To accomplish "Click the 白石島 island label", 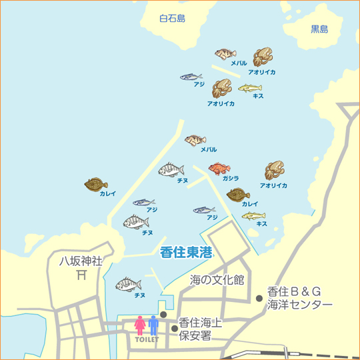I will [172, 19].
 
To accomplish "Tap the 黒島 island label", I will [319, 29].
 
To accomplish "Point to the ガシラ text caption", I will [231, 179].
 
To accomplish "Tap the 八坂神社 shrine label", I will [80, 261].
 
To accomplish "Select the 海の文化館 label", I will [217, 279].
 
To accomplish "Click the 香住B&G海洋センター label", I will [299, 298].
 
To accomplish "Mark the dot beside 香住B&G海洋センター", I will [259, 298].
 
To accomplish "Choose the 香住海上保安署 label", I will [201, 329].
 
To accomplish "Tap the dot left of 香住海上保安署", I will [175, 328].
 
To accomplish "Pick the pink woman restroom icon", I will [140, 325].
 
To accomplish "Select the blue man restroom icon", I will [153, 325].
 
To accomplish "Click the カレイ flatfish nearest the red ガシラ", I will [237, 195].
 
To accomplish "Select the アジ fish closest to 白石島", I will [191, 77].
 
